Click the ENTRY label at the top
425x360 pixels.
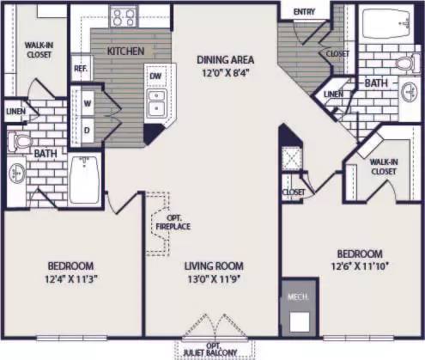click(x=304, y=11)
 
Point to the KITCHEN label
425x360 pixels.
click(x=124, y=52)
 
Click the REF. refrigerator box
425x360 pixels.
click(x=82, y=68)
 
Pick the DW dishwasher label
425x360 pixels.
click(x=156, y=76)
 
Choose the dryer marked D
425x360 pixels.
click(x=87, y=130)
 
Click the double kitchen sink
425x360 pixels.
click(x=156, y=101)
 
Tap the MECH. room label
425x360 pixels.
click(x=297, y=296)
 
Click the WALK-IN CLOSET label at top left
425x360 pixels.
click(x=38, y=49)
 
